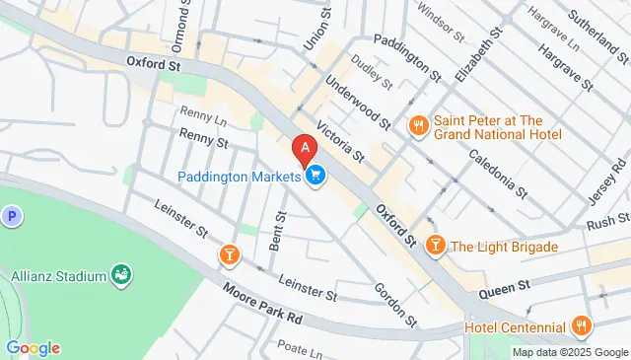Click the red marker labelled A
(306, 150)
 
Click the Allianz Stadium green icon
(122, 273)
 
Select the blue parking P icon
(12, 216)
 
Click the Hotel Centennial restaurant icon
(582, 326)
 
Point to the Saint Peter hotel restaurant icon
(419, 125)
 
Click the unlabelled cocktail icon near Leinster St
(229, 256)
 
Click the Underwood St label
(357, 105)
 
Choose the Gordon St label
(390, 304)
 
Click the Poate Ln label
(301, 349)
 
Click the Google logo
(33, 347)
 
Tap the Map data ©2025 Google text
(569, 352)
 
